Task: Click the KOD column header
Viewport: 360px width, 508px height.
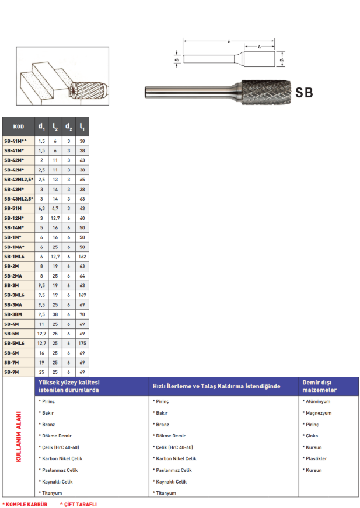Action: [19, 127]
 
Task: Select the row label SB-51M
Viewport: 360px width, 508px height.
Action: [14, 208]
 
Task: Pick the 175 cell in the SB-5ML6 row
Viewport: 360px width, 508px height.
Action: [82, 343]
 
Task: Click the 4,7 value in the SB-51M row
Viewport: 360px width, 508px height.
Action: [55, 208]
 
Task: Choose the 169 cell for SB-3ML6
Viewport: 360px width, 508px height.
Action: [82, 295]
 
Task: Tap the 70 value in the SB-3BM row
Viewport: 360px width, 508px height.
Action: [82, 314]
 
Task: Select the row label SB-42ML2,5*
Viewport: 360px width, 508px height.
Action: [19, 179]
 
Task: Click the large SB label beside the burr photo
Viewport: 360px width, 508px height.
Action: [303, 92]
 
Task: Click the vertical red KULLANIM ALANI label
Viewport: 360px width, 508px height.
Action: [18, 437]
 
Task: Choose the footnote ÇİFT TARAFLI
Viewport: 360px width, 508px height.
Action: [79, 504]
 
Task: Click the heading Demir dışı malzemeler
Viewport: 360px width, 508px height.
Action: [320, 386]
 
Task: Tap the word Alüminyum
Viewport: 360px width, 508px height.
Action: [317, 401]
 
